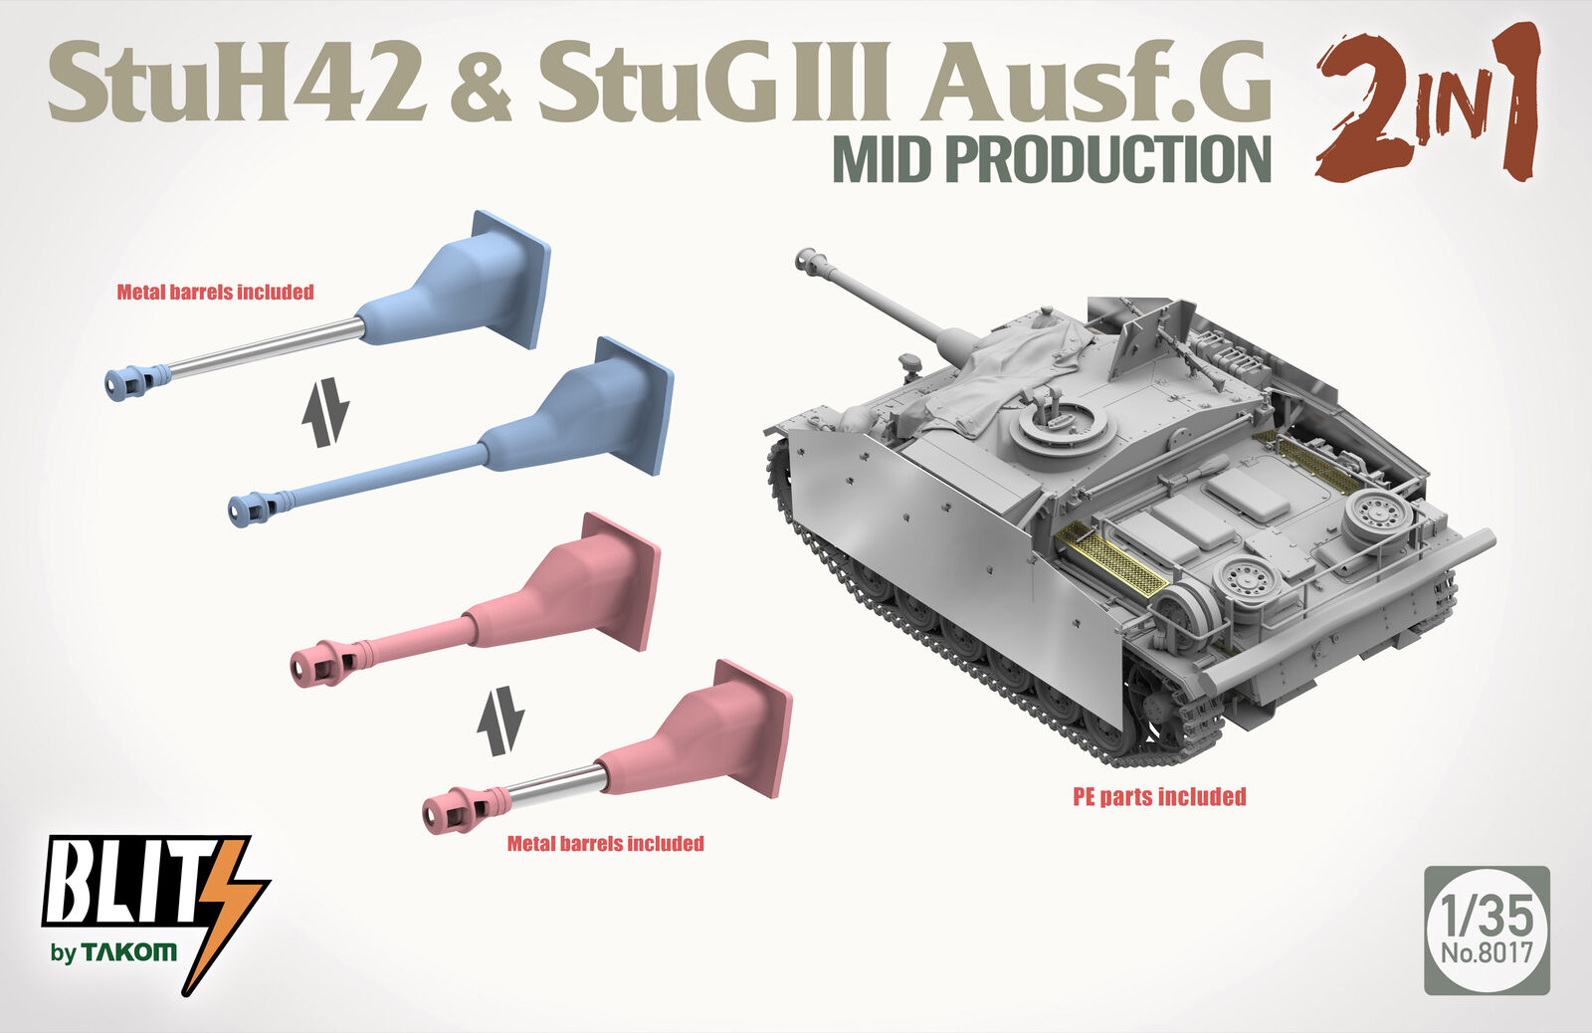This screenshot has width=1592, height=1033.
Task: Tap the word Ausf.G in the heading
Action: point(1095,83)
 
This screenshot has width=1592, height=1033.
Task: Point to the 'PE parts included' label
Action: point(1159,797)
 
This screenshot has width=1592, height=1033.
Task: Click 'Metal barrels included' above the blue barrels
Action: point(215,293)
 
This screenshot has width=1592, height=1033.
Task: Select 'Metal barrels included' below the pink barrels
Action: point(606,844)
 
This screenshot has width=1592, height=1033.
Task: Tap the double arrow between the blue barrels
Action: point(325,412)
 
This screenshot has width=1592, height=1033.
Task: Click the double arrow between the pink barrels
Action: point(500,721)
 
